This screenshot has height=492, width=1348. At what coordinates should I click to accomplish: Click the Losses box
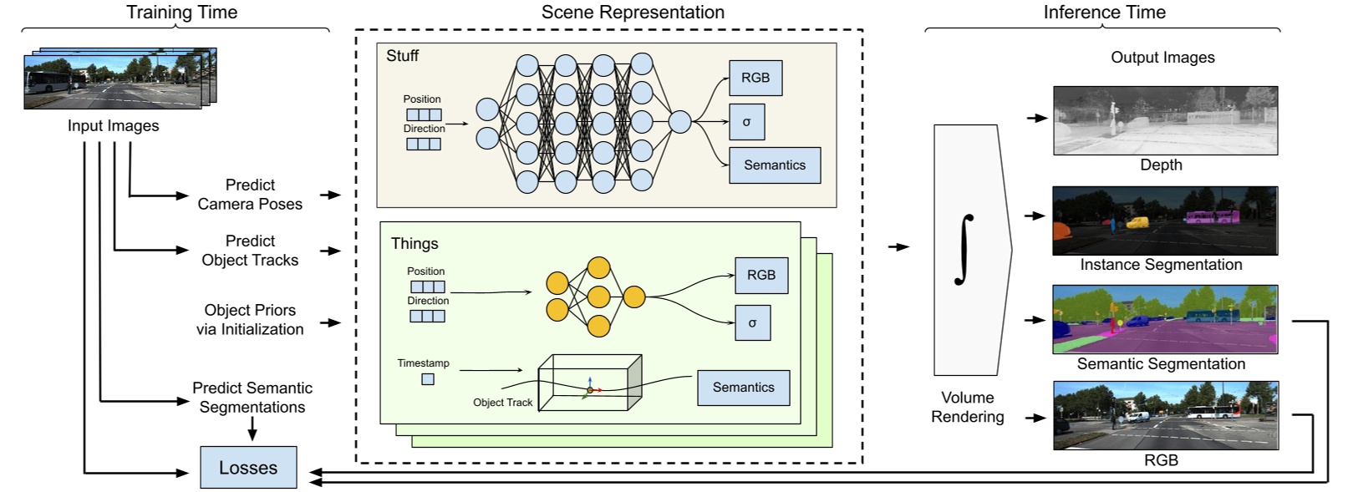tap(248, 468)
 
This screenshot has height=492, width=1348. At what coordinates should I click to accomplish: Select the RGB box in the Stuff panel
tap(755, 78)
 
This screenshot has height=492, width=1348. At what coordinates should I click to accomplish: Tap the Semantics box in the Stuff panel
tap(775, 165)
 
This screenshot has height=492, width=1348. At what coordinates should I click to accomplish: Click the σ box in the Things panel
tap(752, 323)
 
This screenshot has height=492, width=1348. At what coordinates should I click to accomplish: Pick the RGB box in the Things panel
tap(761, 276)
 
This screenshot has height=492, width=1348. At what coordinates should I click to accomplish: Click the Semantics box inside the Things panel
tap(743, 388)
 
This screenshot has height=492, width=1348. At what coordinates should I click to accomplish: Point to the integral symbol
tap(965, 249)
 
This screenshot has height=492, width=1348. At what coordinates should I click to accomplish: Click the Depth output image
tap(1165, 119)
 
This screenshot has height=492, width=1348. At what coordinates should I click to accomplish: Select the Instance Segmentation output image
tap(1165, 220)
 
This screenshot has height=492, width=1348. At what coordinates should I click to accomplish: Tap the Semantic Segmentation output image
tap(1165, 319)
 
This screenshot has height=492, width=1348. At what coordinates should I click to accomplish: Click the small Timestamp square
tap(428, 379)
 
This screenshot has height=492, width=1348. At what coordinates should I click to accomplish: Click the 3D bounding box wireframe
tap(589, 383)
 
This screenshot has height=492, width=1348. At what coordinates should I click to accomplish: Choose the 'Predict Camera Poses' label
tap(250, 195)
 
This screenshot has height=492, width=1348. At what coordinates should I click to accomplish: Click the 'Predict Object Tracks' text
tap(250, 251)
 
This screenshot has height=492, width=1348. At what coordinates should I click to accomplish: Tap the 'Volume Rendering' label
tap(968, 407)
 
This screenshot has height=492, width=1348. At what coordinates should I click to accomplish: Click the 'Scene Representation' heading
tap(633, 12)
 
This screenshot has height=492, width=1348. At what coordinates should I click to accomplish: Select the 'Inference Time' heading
tap(1104, 12)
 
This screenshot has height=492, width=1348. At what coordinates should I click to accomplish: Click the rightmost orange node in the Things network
tap(634, 297)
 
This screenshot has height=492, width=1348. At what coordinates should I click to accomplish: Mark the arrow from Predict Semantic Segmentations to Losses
tap(252, 429)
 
